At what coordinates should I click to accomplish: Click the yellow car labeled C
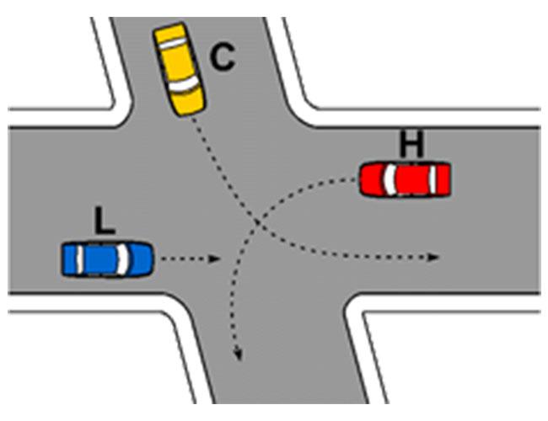[180, 69]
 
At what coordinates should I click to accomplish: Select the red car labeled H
[405, 179]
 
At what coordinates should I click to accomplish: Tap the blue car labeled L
[108, 259]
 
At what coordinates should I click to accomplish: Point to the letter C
[223, 58]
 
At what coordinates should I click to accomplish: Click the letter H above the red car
[411, 144]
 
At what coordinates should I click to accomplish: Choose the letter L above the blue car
[105, 221]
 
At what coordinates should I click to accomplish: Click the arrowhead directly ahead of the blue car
[214, 259]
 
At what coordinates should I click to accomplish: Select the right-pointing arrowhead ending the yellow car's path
[433, 258]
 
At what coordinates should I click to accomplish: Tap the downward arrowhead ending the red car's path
[239, 354]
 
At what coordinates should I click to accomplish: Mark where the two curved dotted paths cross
[256, 222]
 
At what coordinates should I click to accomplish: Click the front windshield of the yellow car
[184, 84]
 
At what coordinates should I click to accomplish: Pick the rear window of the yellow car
[171, 43]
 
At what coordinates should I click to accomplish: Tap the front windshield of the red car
[390, 179]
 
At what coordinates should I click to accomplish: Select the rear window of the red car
[433, 179]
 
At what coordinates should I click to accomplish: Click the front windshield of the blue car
[122, 259]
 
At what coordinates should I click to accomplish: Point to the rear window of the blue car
[79, 259]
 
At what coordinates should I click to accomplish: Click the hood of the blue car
[141, 259]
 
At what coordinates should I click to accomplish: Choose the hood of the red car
[372, 179]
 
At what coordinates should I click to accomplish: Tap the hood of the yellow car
[190, 102]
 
